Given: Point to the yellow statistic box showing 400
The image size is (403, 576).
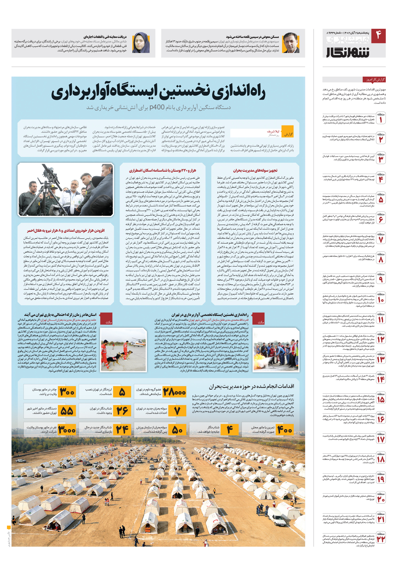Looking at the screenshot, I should tap(285, 430).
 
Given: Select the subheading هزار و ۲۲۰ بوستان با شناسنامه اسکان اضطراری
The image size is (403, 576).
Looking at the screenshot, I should tap(162, 171).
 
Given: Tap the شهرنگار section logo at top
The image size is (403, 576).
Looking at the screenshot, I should tap(348, 52).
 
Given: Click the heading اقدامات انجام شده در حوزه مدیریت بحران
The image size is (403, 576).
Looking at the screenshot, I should tap(252, 386).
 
